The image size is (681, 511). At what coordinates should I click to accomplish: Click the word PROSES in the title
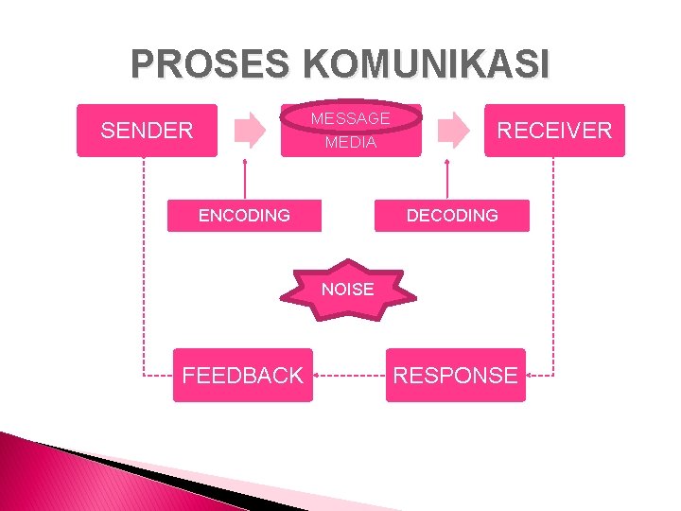[x=213, y=64]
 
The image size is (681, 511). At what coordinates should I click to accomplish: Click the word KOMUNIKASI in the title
[x=425, y=64]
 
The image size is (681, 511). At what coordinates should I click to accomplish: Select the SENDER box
[x=147, y=131]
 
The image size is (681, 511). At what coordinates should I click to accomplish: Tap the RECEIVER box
[x=554, y=131]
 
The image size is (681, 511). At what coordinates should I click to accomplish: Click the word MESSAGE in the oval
[x=350, y=118]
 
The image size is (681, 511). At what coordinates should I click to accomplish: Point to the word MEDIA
[x=350, y=143]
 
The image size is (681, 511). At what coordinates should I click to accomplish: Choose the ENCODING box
[x=244, y=216]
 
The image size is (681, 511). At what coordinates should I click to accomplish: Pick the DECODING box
[x=452, y=216]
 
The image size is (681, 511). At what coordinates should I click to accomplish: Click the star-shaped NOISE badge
[x=347, y=290]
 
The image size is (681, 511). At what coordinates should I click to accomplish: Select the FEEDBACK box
[x=242, y=376]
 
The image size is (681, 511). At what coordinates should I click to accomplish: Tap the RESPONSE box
[x=455, y=376]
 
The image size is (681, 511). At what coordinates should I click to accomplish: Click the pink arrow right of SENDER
[x=250, y=131]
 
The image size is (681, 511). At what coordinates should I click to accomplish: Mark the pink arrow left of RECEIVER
[x=456, y=131]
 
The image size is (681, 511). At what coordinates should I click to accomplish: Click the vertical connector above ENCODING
[x=245, y=180]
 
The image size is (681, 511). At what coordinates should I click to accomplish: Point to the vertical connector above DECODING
[x=446, y=180]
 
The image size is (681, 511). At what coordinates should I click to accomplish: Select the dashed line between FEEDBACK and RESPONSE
[x=349, y=376]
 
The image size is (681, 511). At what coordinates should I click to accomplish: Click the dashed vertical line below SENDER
[x=144, y=265]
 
